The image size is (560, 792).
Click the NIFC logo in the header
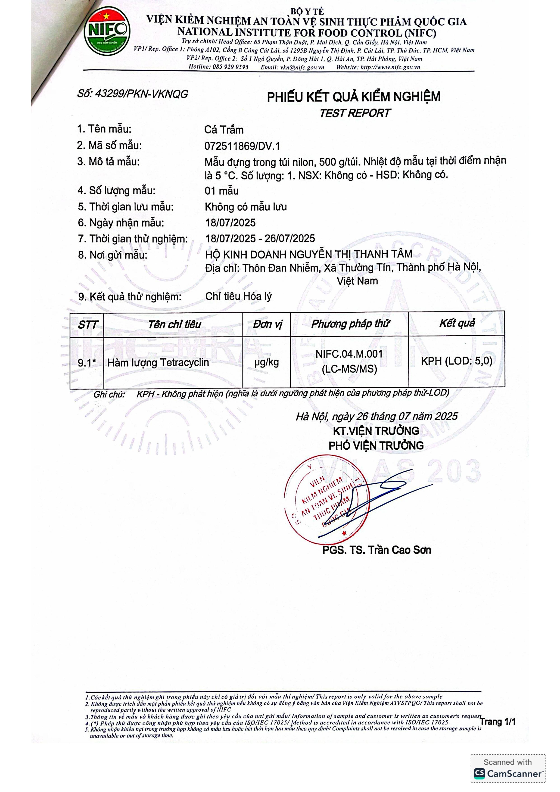(x=107, y=34)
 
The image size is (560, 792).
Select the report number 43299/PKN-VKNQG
(x=133, y=94)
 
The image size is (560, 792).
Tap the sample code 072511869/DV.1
(x=242, y=146)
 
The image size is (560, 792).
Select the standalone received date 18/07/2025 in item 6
(x=231, y=223)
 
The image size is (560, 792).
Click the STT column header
(x=87, y=325)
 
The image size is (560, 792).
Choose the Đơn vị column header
(x=267, y=324)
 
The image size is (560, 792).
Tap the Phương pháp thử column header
(x=350, y=324)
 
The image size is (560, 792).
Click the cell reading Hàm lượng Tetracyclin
(x=158, y=362)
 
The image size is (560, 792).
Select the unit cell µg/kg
(x=266, y=362)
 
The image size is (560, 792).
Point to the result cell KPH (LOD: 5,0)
(x=457, y=361)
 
